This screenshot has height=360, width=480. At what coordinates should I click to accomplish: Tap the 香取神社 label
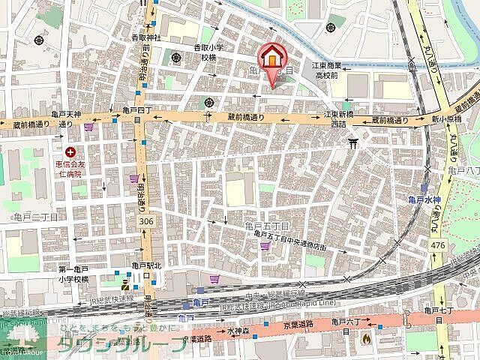(146, 37)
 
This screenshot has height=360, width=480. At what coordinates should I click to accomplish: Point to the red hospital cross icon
(70, 152)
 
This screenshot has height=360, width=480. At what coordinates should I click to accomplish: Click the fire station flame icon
(366, 338)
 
